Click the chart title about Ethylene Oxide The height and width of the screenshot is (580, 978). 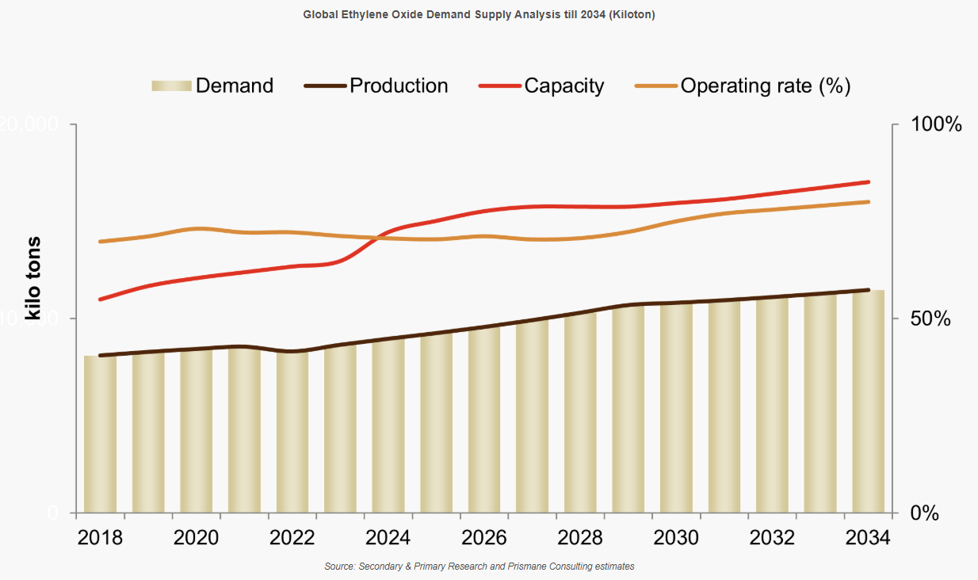[479, 14]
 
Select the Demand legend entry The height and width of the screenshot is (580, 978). [212, 86]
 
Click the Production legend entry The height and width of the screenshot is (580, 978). [376, 86]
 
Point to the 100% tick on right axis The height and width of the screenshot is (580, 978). [935, 124]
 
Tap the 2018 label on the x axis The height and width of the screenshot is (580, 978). [101, 537]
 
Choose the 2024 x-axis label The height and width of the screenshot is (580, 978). [388, 537]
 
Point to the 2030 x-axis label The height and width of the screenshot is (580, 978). [676, 537]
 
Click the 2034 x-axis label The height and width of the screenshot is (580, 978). [868, 537]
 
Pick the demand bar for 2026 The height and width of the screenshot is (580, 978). [484, 420]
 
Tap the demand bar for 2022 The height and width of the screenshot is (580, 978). [292, 432]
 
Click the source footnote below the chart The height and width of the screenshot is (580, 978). [479, 567]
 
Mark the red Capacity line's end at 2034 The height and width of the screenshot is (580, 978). [869, 182]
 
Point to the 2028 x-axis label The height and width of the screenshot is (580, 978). [580, 537]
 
